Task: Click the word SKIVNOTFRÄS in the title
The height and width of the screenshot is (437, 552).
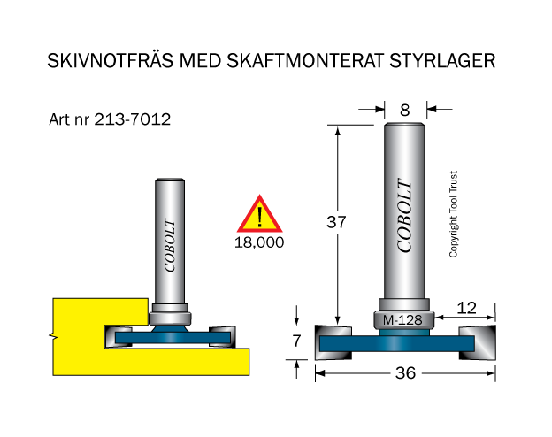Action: click(111, 60)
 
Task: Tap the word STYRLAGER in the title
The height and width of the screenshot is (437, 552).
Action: click(442, 60)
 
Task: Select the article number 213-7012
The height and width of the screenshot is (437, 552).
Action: click(133, 119)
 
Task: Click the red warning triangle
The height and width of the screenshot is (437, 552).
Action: click(260, 214)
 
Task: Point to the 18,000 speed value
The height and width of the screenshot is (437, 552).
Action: click(259, 242)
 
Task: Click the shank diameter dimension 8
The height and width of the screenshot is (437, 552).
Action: click(405, 111)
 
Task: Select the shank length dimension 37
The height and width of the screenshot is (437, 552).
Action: click(336, 222)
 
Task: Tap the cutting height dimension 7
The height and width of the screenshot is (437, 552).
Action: click(296, 341)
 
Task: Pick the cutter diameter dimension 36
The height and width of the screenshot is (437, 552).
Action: click(405, 373)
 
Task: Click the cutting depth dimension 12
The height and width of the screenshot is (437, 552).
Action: click(466, 308)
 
